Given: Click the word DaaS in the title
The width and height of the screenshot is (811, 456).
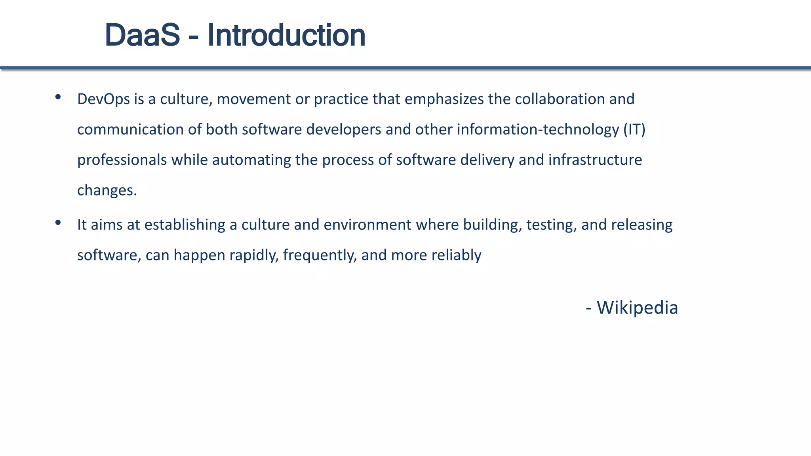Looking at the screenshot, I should [142, 35].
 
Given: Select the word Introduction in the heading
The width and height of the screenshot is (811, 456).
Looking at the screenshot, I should [286, 35].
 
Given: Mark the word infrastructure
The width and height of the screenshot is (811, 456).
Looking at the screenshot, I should [595, 160].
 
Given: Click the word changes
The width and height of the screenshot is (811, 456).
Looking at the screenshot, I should [107, 191].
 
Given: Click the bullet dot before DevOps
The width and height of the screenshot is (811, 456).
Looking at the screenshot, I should [58, 97].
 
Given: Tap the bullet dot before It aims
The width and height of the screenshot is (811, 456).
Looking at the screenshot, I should [58, 222].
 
